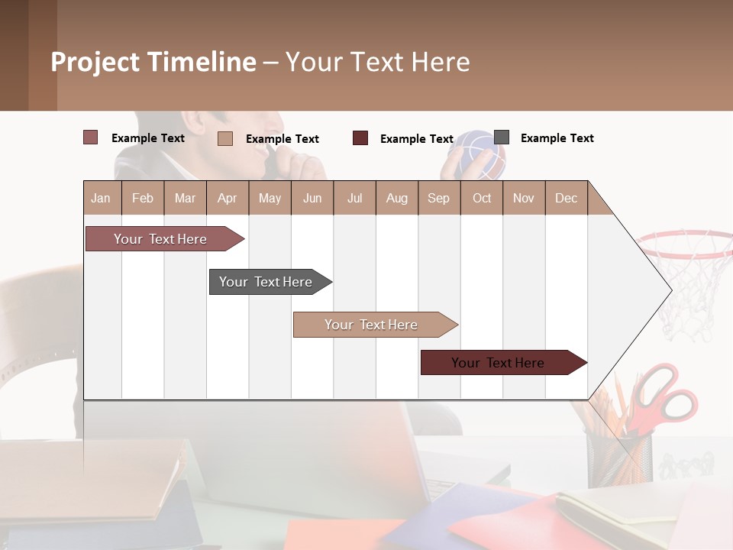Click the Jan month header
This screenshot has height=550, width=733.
[x=102, y=198]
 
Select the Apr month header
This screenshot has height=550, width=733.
[x=228, y=198]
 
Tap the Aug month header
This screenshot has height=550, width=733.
[x=396, y=198]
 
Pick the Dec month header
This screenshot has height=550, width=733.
[x=566, y=198]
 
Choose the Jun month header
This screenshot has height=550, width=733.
[x=312, y=198]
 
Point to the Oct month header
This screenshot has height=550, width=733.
[x=482, y=198]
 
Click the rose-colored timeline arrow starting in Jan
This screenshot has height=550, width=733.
[x=160, y=239]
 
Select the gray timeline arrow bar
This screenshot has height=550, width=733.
[x=266, y=282]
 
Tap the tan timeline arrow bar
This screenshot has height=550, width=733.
[x=371, y=325]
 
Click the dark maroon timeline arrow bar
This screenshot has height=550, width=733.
[x=499, y=363]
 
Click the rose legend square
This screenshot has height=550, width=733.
[x=90, y=137]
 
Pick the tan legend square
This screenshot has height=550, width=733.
[x=224, y=138]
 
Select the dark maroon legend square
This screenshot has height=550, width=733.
[x=360, y=138]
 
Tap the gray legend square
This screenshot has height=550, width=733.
[x=502, y=137]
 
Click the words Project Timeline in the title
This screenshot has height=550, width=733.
[x=153, y=62]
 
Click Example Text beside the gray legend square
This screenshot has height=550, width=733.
[x=557, y=138]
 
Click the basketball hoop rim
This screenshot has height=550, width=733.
[x=683, y=244]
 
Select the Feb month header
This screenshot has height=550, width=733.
[x=143, y=198]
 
